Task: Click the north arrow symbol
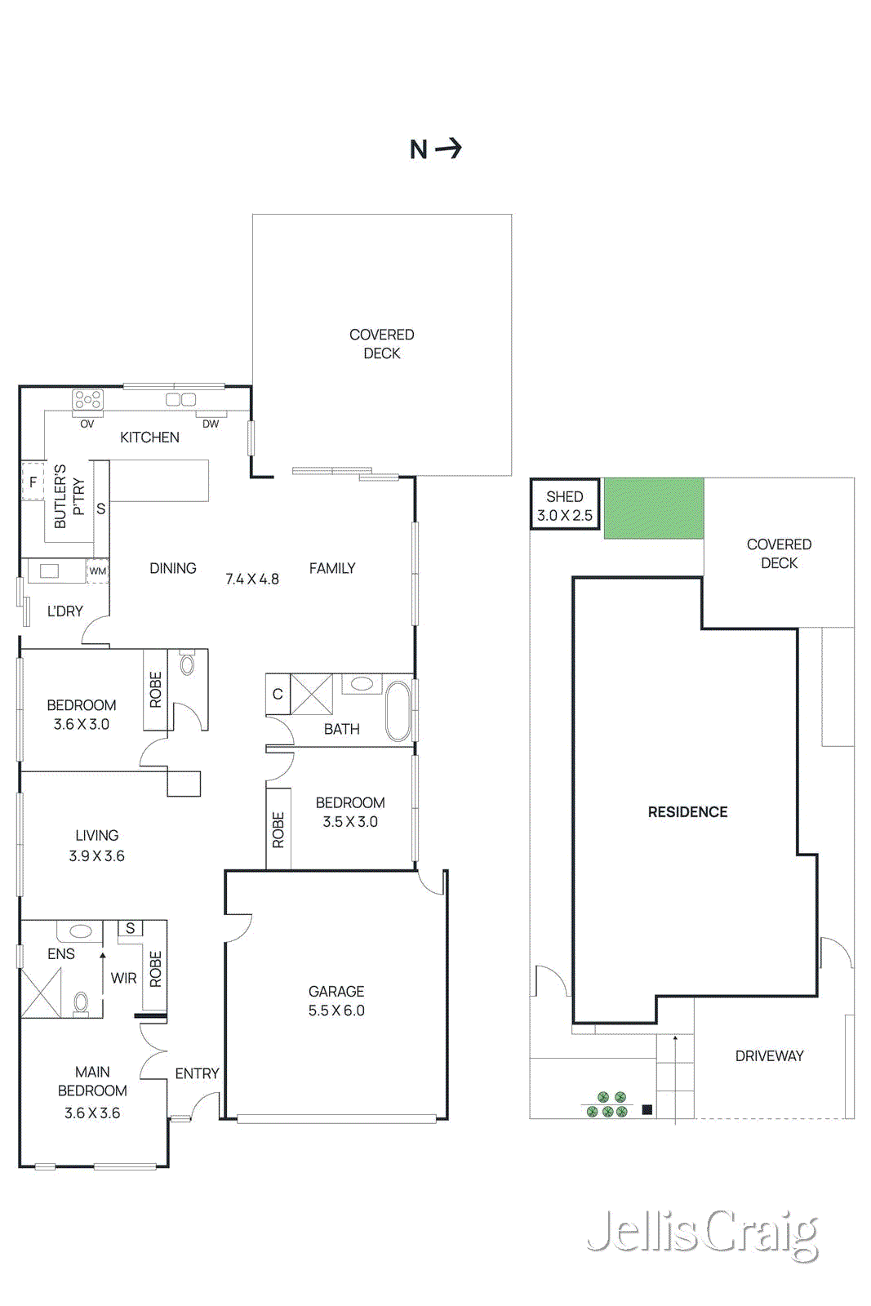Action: point(448,149)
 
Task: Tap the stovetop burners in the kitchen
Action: point(87,400)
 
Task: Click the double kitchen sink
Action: point(180,399)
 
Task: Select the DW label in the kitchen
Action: point(211,424)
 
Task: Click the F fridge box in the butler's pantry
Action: point(33,482)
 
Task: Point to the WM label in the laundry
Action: point(98,571)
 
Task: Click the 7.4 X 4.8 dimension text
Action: point(252,579)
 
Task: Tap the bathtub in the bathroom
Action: point(398,710)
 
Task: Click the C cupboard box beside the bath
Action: point(278,694)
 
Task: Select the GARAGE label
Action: point(336,991)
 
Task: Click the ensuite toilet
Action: point(81,1002)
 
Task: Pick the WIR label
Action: point(123,978)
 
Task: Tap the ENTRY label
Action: point(197,1073)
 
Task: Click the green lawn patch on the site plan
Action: point(653,508)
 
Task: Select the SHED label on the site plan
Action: point(565,496)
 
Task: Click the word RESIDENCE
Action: point(687,812)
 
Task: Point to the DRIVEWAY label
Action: point(769,1055)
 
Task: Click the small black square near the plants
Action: point(647,1109)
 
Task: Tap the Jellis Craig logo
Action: point(702,1234)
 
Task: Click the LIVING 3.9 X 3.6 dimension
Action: point(96,855)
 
